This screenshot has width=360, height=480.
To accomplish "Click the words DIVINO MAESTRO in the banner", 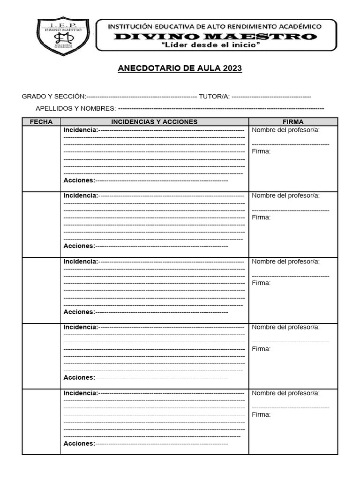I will [x=215, y=37].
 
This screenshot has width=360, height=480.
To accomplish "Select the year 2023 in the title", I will [x=232, y=68].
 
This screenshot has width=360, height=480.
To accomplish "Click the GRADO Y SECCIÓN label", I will [x=53, y=97].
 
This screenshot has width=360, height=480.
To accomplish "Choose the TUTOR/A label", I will [x=214, y=97].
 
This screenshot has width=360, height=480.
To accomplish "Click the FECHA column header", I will [x=41, y=122].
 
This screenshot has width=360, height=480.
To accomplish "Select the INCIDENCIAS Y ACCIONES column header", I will [x=154, y=122].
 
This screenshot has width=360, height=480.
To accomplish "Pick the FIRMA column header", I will [x=293, y=122].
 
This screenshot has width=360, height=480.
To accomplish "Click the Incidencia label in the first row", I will [x=81, y=130].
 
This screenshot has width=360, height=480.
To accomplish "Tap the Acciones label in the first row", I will [x=79, y=180].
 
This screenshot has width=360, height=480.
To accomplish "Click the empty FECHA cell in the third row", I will [x=41, y=290].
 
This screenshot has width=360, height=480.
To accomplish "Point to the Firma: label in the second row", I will [x=261, y=217].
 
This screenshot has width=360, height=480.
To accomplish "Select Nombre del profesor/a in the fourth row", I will [x=286, y=327].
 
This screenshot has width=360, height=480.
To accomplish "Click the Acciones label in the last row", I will [x=79, y=443].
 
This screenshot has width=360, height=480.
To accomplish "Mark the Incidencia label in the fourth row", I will [x=81, y=327].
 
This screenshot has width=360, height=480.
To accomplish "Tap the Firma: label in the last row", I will [x=261, y=415].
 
